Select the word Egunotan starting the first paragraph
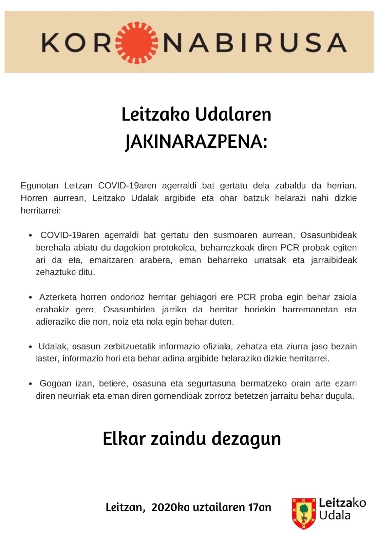tap(40, 186)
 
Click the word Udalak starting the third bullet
tap(52, 347)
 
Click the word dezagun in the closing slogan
tap(253, 439)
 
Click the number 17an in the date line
tap(259, 508)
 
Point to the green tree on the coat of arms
tap(304, 509)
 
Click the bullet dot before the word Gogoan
tap(31, 384)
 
